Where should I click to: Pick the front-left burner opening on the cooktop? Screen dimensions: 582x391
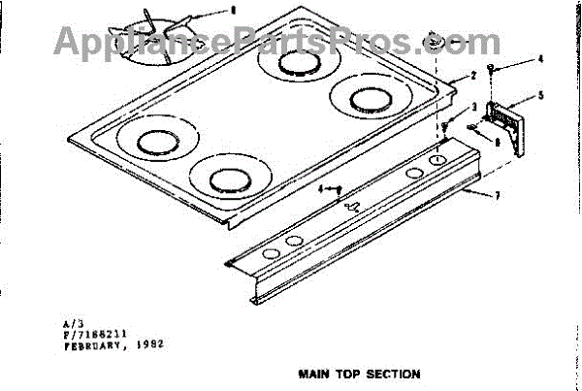pyautogui.click(x=151, y=143)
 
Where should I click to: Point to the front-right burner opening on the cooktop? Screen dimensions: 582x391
pyautogui.click(x=226, y=179)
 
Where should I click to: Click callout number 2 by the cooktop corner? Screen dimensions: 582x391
pyautogui.click(x=471, y=76)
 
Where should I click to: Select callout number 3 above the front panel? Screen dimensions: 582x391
pyautogui.click(x=472, y=107)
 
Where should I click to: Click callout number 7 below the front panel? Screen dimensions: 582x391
pyautogui.click(x=497, y=197)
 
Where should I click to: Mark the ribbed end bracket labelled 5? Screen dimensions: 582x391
pyautogui.click(x=510, y=119)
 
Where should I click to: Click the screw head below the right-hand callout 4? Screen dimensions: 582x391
pyautogui.click(x=494, y=70)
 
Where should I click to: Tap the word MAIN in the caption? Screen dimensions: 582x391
pyautogui.click(x=313, y=373)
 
